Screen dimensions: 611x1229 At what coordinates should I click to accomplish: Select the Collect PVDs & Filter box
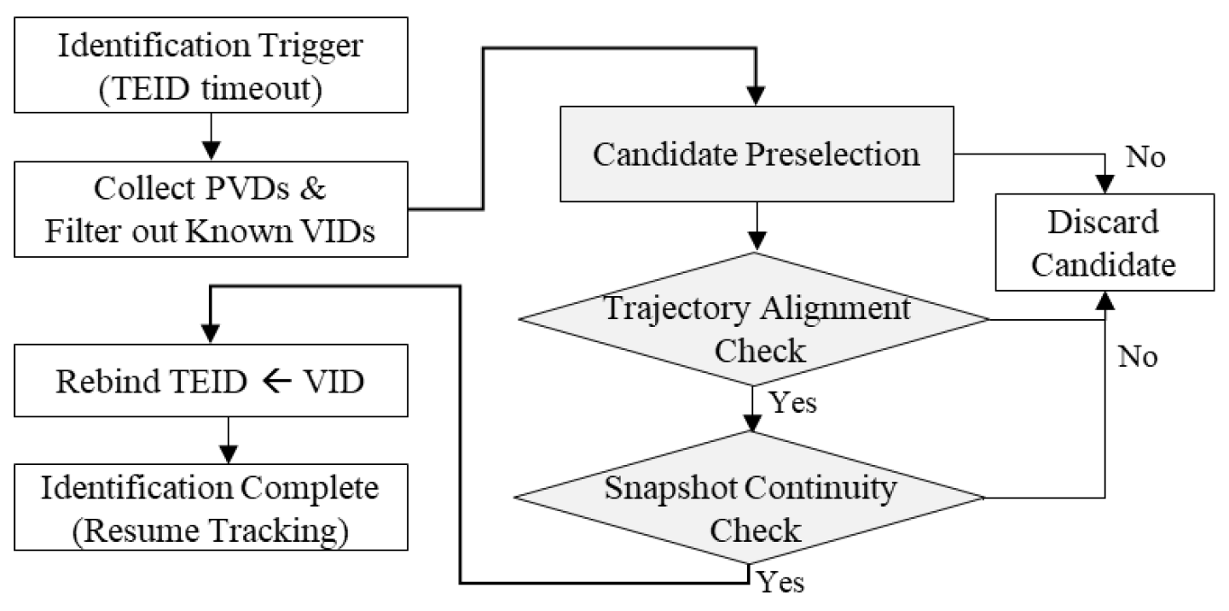(210, 210)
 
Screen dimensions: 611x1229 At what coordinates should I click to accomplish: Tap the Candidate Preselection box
(756, 155)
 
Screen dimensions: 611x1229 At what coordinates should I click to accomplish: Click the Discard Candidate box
(1106, 242)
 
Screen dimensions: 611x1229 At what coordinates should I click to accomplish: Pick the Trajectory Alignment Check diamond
(754, 320)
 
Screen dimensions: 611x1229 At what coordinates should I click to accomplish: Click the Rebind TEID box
(210, 381)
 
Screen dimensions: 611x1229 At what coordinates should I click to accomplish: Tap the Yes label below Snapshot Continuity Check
(780, 582)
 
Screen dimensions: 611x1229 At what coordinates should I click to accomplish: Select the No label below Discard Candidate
(1137, 357)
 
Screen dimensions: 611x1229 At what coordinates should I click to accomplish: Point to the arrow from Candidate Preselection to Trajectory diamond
(754, 227)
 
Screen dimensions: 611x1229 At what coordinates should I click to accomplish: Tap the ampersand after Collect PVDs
(313, 189)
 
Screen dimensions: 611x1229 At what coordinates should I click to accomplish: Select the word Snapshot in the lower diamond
(658, 489)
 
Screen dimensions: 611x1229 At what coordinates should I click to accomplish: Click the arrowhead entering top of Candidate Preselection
(754, 96)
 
